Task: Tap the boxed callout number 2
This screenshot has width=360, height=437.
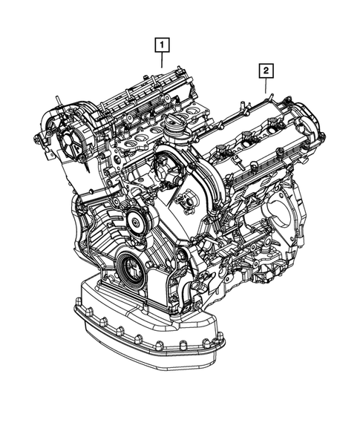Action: [x=265, y=71]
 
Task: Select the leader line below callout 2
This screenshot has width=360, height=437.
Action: [x=265, y=85]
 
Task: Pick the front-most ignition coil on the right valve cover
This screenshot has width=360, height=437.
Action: [x=220, y=154]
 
